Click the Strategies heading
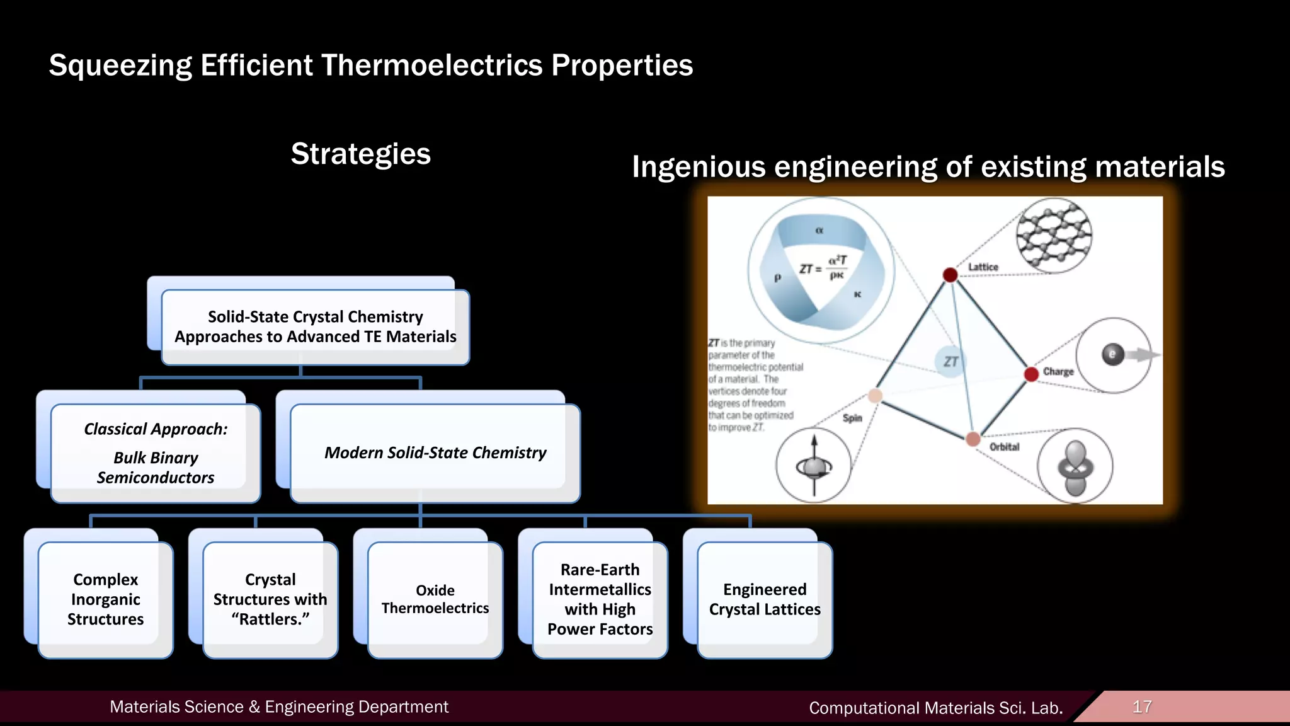point(360,154)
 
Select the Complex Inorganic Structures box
point(105,599)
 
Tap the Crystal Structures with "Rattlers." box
point(270,599)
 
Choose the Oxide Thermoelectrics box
point(435,599)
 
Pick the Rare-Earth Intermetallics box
point(600,599)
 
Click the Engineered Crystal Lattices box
point(765,599)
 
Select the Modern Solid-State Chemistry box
point(435,452)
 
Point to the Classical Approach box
point(156,452)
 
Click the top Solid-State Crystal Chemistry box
point(315,326)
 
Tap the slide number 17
point(1142,706)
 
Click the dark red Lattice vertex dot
point(950,275)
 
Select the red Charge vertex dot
point(1031,374)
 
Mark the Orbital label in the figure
point(1004,447)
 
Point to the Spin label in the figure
point(852,418)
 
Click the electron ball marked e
point(1112,354)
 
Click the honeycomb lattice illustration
point(1054,235)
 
